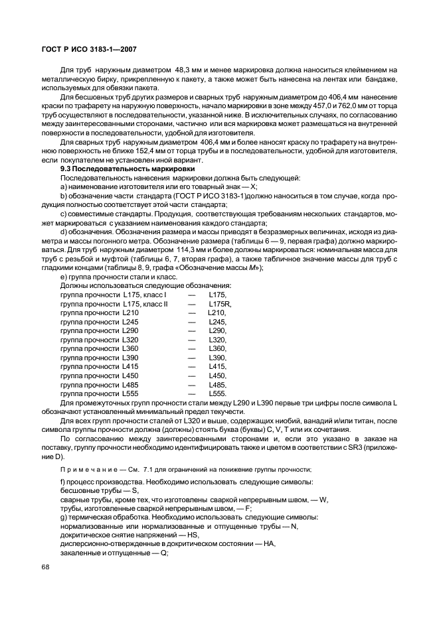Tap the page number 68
[46, 567]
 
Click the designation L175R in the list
[220, 304]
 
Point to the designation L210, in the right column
[217, 312]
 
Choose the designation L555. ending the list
[218, 393]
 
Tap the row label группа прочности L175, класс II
[114, 304]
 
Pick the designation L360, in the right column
[218, 348]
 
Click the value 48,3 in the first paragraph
[184, 70]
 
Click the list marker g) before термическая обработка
[63, 516]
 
